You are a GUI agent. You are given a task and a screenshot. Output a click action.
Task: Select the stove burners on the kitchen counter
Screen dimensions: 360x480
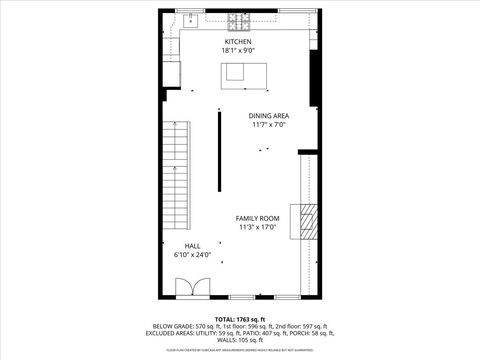[x=238, y=20]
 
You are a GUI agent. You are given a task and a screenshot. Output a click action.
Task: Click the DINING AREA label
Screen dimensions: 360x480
[x=268, y=116]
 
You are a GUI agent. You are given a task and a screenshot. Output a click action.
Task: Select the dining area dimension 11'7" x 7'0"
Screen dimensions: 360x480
[x=268, y=125]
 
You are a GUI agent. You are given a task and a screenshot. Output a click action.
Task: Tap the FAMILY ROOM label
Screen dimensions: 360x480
[x=257, y=218]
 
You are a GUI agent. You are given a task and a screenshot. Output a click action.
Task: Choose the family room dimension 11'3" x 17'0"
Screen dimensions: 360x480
[x=257, y=227]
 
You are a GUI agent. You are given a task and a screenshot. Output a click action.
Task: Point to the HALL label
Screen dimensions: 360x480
[x=191, y=246]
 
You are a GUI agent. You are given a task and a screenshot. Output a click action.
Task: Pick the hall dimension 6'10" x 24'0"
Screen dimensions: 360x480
[x=191, y=255]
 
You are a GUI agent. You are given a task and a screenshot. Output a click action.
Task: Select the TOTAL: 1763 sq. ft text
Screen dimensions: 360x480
[x=238, y=319]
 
